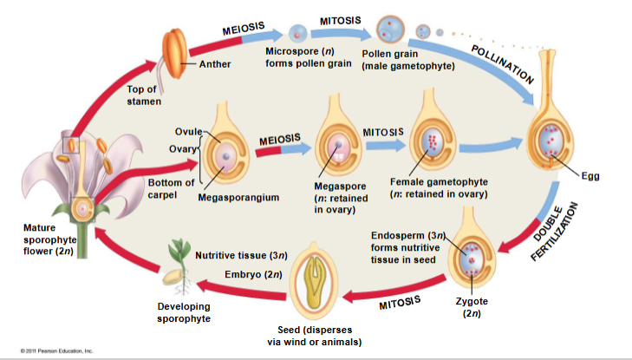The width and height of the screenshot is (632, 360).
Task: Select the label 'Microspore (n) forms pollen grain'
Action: [x=299, y=57]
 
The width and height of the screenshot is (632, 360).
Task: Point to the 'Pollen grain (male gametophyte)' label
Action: [x=407, y=61]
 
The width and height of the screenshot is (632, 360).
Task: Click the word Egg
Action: [x=590, y=175]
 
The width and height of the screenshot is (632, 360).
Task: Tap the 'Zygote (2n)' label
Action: [x=472, y=307]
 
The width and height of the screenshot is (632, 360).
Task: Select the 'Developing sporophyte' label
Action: [x=183, y=312]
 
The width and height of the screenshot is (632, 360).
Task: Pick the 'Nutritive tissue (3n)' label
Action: [x=240, y=256]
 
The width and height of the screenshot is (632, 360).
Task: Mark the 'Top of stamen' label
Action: [x=142, y=95]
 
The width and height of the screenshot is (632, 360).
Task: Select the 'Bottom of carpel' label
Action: [x=171, y=189]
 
